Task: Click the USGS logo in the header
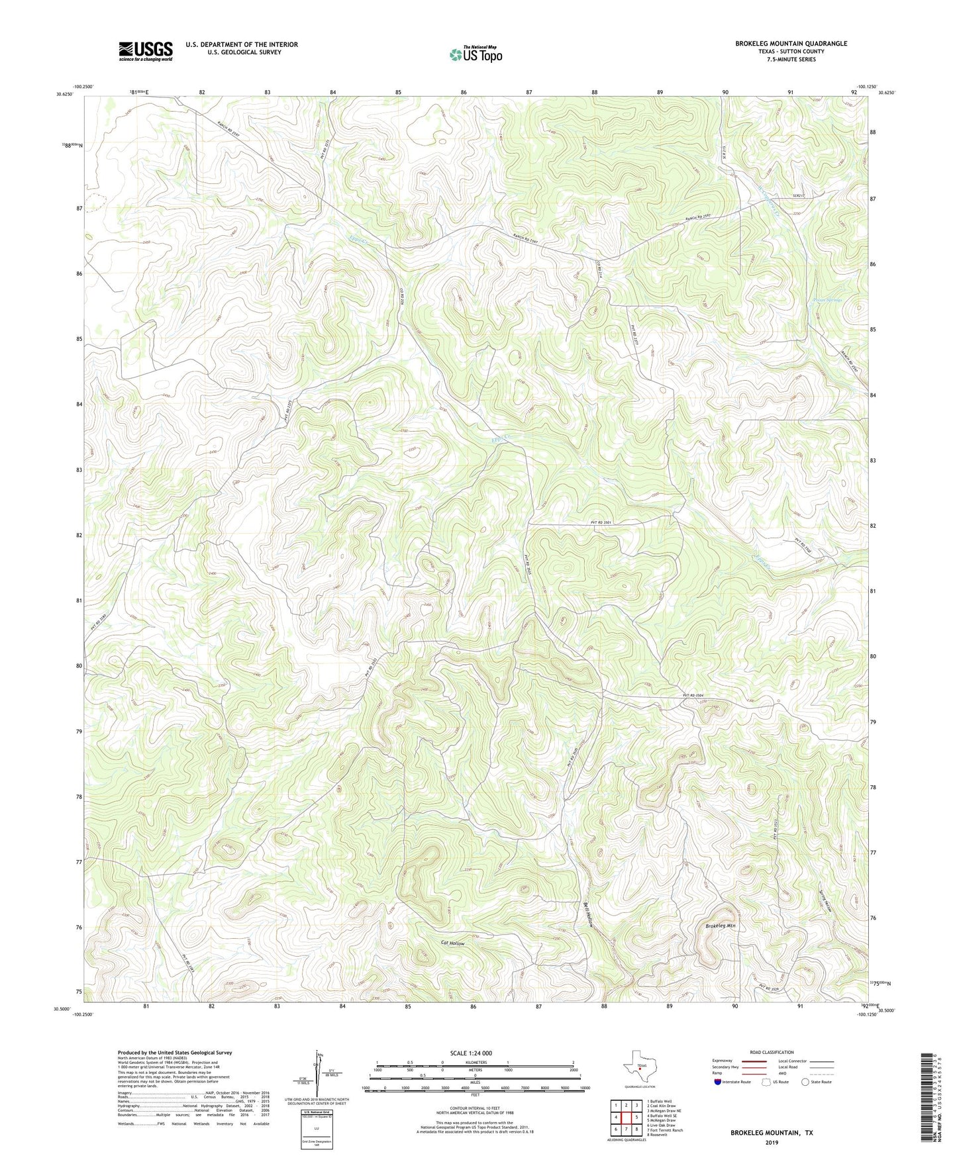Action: click(146, 51)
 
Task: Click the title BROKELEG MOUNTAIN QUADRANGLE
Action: click(791, 44)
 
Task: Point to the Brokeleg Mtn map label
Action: click(721, 926)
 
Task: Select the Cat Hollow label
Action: click(453, 943)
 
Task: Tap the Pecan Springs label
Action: click(826, 301)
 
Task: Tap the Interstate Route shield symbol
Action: click(718, 1082)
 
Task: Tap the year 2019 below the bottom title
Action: click(772, 1142)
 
